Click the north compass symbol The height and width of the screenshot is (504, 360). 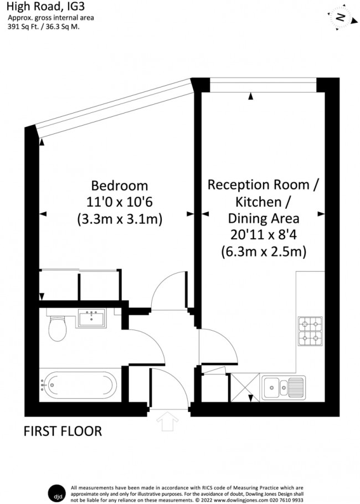click(341, 18)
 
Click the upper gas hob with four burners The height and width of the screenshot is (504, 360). click(310, 323)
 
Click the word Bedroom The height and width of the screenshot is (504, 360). click(120, 185)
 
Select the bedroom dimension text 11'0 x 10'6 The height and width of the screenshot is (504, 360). click(120, 202)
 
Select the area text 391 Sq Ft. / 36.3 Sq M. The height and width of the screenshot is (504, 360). click(43, 26)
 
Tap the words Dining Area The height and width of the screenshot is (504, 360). click(264, 218)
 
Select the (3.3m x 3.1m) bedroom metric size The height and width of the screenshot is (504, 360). click(120, 219)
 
